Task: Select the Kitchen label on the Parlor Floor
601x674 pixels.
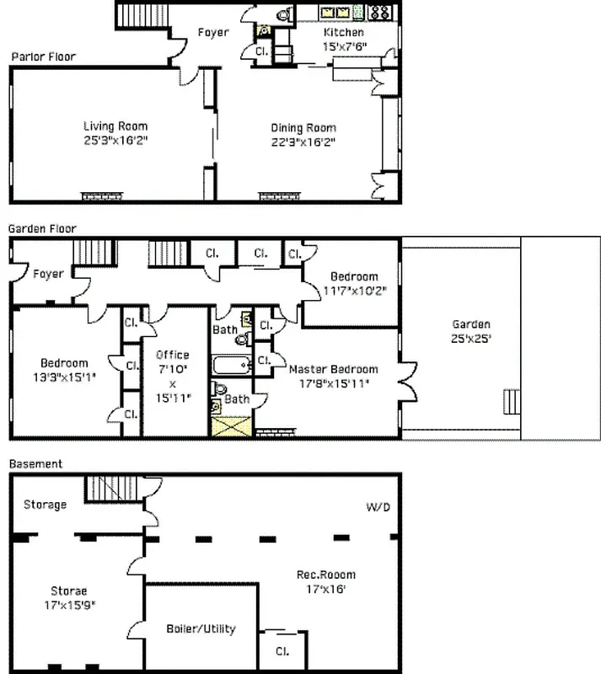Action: pos(344,33)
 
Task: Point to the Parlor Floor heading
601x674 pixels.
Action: pos(43,57)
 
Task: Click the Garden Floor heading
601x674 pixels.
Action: pos(42,228)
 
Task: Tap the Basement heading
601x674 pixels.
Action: pos(35,464)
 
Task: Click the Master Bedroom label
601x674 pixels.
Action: pos(333,369)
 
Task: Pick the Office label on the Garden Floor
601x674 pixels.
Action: pos(173,355)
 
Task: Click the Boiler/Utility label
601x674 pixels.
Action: pos(200,629)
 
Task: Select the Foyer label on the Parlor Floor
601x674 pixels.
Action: pos(213,33)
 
